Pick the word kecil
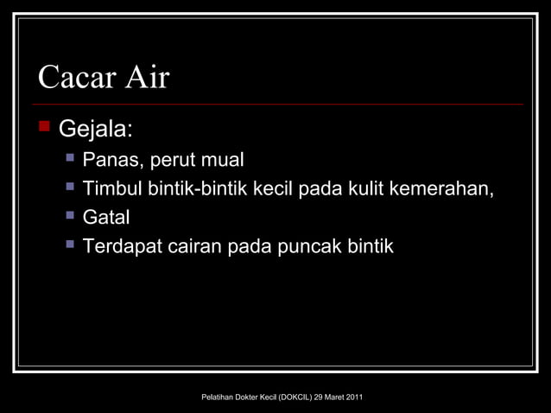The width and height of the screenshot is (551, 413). (x=273, y=189)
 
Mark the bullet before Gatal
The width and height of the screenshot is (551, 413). (x=70, y=216)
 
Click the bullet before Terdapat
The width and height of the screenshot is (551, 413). (x=70, y=245)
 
